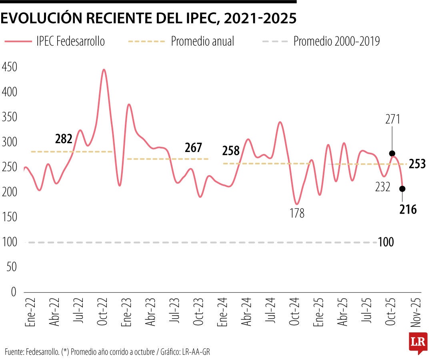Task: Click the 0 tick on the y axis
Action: click(13, 292)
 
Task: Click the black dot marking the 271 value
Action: click(392, 154)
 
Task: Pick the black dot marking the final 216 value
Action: click(402, 189)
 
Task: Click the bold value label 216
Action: click(408, 209)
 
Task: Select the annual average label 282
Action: click(64, 139)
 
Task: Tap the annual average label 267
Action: click(194, 147)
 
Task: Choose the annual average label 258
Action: click(231, 151)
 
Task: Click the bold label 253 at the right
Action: click(418, 164)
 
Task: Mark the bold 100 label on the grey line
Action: click(386, 242)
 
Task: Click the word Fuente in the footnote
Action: click(14, 352)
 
